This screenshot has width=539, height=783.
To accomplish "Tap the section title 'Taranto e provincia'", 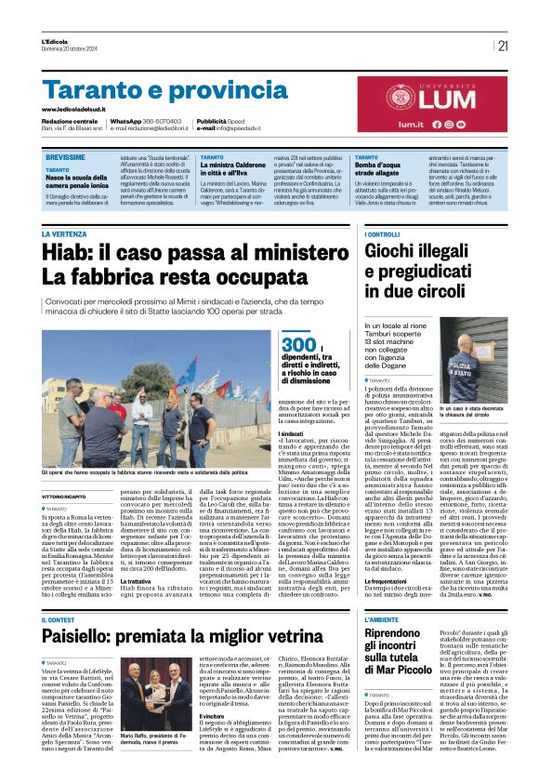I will pos(152,91).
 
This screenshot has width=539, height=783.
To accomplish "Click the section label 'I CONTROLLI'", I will pos(383,234).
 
